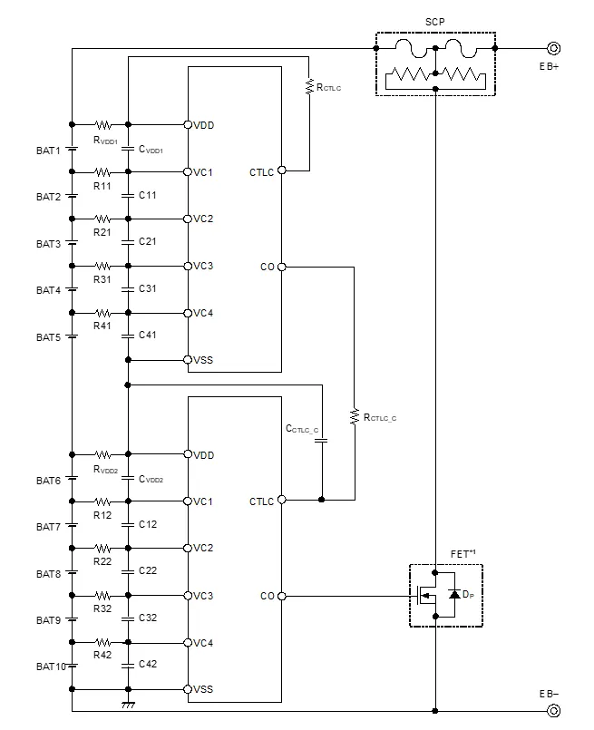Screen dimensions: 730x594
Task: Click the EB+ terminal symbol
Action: (x=550, y=49)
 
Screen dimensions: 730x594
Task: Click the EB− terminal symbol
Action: (x=550, y=710)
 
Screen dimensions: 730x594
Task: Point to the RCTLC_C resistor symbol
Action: (x=354, y=416)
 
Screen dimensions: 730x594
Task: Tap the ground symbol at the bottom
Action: (x=128, y=704)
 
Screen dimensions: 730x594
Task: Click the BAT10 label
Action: (x=50, y=667)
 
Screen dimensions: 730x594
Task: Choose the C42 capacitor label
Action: (x=148, y=664)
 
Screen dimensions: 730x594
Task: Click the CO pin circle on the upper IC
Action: (x=282, y=267)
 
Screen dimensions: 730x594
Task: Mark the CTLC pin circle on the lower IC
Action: (x=282, y=500)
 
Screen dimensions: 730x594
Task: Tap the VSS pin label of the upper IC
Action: (x=203, y=360)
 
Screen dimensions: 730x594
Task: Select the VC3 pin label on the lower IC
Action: (x=203, y=595)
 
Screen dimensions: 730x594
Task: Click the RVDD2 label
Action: (x=106, y=470)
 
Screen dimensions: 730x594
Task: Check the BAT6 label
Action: (x=48, y=480)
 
